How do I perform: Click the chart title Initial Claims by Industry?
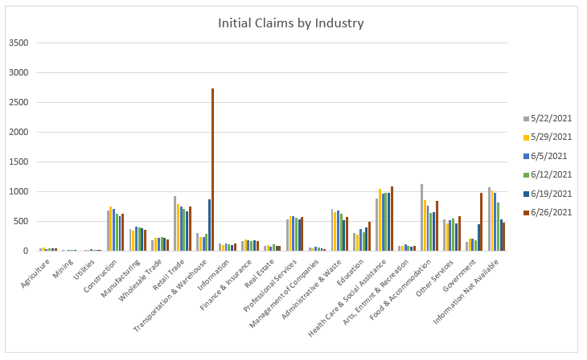click(x=291, y=23)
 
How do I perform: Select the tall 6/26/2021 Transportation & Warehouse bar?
click(x=212, y=169)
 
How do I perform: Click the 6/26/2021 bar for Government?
click(x=482, y=222)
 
